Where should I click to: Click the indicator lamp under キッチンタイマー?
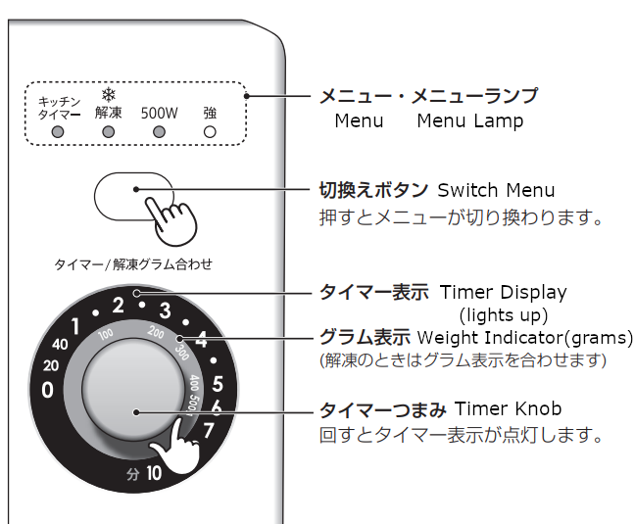click(58, 131)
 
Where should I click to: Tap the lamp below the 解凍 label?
click(109, 131)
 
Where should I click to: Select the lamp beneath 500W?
click(159, 131)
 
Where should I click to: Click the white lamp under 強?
click(210, 131)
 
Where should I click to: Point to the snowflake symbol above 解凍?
click(109, 95)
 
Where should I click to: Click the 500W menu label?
click(159, 113)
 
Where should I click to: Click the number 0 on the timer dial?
click(47, 390)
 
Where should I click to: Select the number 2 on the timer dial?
click(118, 306)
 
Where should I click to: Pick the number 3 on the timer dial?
click(165, 310)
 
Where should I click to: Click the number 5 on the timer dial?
click(218, 384)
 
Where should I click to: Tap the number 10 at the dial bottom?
click(154, 473)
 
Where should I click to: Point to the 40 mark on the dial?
click(60, 344)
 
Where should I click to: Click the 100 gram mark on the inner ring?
click(105, 335)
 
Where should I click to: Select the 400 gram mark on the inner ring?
click(194, 383)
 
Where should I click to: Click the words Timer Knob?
click(508, 408)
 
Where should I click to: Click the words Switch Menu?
click(496, 190)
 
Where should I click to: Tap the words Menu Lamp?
click(470, 120)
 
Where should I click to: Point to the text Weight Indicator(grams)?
click(525, 338)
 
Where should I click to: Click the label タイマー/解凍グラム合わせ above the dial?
click(133, 264)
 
